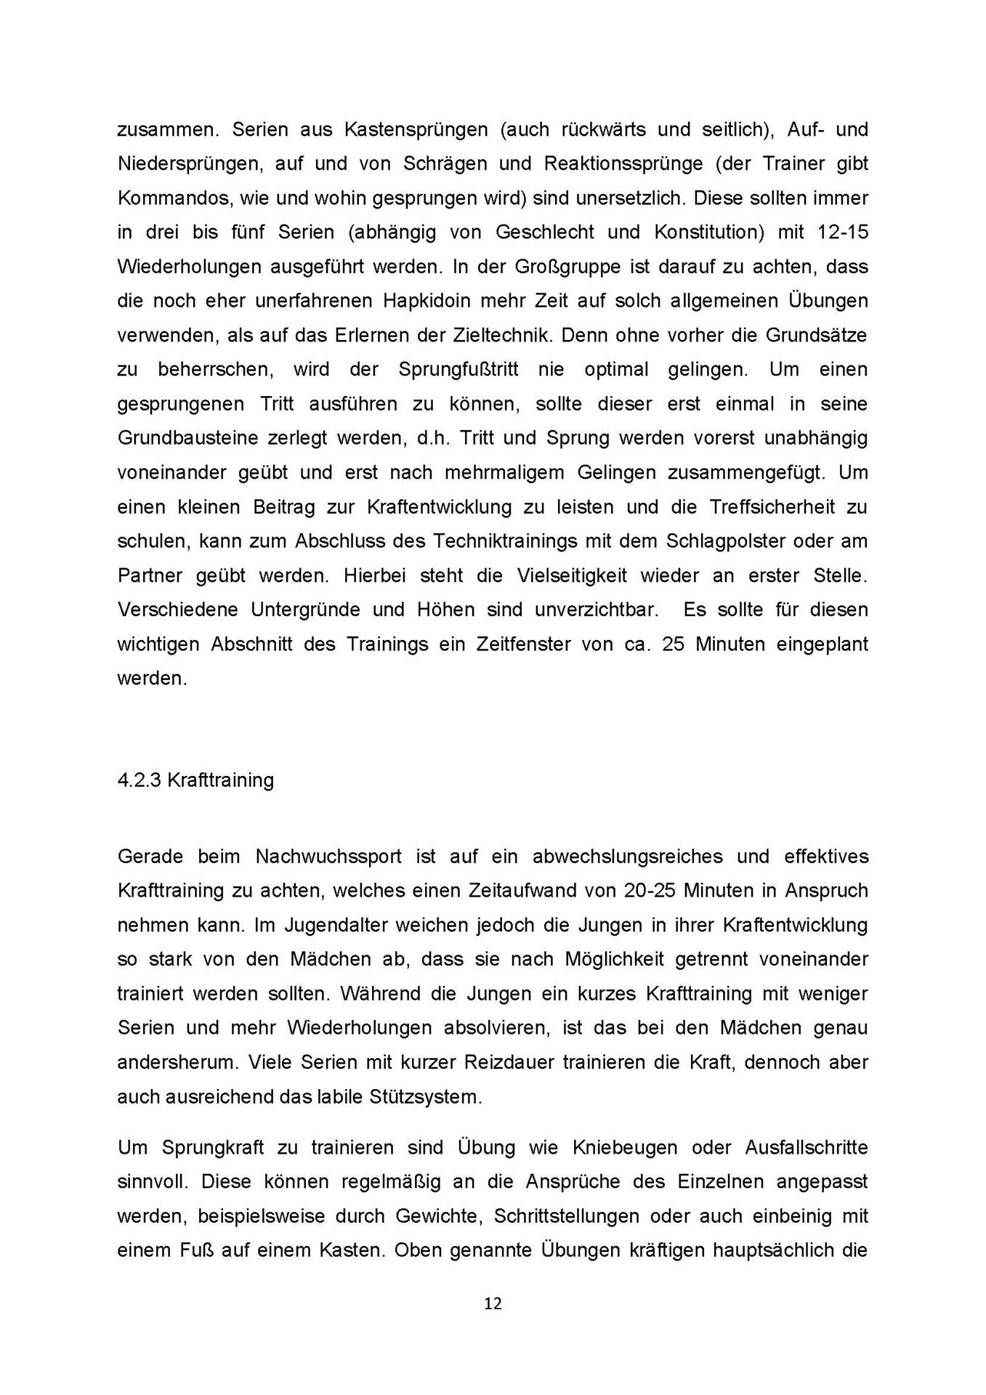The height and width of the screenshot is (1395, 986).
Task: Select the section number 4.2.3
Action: [140, 780]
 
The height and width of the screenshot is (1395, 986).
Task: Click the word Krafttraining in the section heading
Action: [220, 780]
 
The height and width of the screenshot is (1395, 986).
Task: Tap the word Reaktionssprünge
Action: [623, 163]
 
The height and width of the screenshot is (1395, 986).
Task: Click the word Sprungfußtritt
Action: [458, 369]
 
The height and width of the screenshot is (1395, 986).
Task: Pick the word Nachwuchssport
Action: [328, 856]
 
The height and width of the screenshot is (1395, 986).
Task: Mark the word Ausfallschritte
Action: [806, 1147]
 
